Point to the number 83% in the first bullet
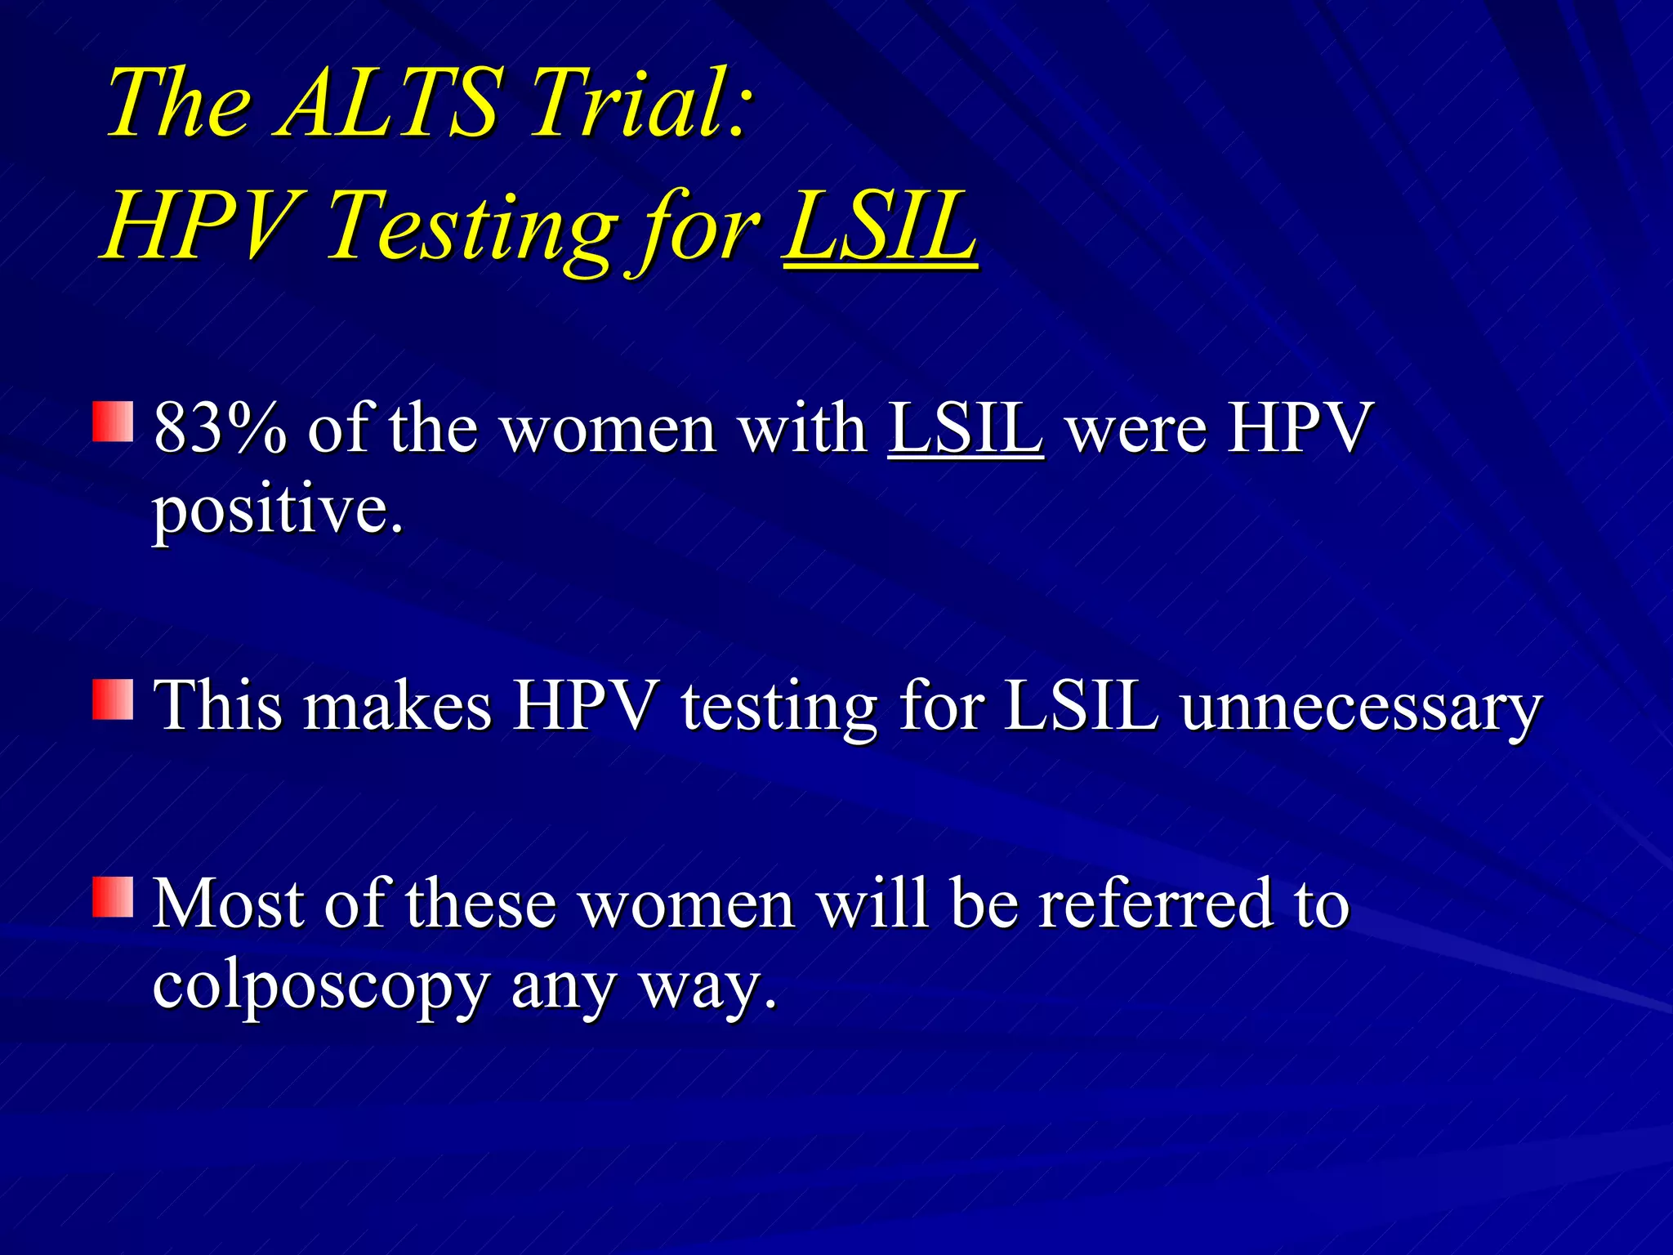[220, 428]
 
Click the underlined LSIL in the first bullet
[966, 428]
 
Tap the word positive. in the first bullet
[278, 511]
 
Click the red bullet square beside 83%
[113, 422]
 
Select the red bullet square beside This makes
[113, 699]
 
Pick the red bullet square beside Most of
[113, 897]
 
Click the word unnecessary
[1360, 708]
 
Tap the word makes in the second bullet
[397, 706]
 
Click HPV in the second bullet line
[585, 706]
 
